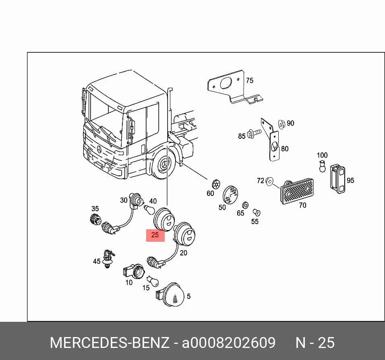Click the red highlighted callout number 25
coord(155,235)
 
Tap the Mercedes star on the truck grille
coord(99,149)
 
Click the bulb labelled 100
coord(322,166)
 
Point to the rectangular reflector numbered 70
coord(297,191)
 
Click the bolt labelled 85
coord(255,133)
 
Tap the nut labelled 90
coord(282,124)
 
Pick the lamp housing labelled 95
coord(337,179)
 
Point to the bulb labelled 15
coord(153,281)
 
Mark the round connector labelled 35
coord(95,219)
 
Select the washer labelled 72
coord(269,181)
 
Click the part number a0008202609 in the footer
coord(229,343)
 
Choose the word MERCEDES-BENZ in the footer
coord(110,343)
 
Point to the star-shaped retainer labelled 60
coord(216,184)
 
